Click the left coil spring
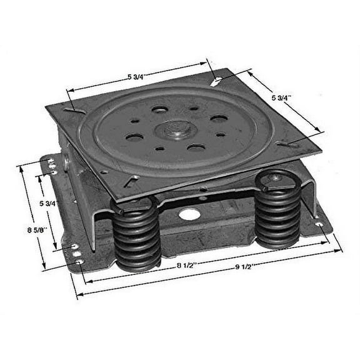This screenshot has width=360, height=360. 137,234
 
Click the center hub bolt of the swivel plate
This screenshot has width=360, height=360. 176,130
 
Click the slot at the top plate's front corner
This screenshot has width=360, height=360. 132,182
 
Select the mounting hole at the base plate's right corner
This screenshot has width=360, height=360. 319,222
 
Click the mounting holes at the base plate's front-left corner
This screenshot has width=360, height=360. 76,252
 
